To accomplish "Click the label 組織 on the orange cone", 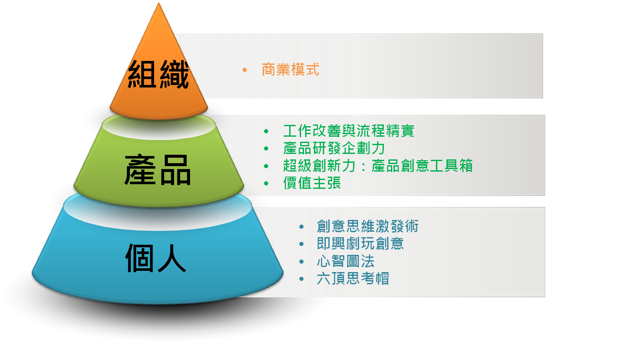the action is [x=158, y=74].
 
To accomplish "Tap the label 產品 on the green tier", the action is [x=158, y=169].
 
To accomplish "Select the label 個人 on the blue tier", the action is [x=156, y=258].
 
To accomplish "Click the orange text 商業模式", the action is [x=290, y=69].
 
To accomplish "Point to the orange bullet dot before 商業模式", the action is [x=244, y=70].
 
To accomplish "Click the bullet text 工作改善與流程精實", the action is [x=349, y=130].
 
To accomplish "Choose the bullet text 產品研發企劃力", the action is [x=334, y=148].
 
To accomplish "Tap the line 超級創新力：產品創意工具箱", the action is [x=378, y=166].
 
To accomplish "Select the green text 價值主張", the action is [x=312, y=183].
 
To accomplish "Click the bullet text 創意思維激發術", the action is [x=367, y=226].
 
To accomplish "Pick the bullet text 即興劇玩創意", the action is [x=360, y=244].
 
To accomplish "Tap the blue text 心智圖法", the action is [x=346, y=261].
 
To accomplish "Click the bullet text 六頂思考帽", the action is [x=353, y=278].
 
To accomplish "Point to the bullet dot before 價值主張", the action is [x=266, y=183].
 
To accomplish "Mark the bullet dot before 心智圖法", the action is [x=301, y=262].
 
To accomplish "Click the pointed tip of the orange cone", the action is [x=158, y=3].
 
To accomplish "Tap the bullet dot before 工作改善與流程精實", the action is [x=266, y=131].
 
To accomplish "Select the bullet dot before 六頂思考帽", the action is [x=301, y=279].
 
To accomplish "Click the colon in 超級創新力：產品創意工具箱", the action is [x=363, y=166].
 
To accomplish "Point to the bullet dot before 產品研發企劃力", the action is [x=266, y=148].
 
